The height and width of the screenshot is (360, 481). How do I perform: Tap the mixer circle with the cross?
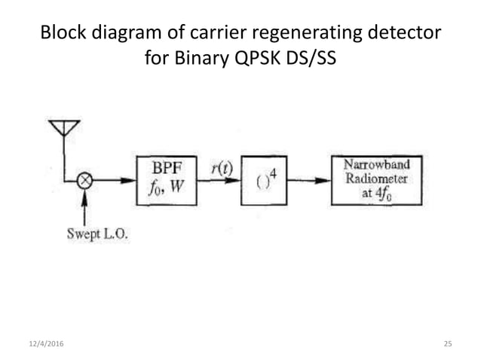point(86,181)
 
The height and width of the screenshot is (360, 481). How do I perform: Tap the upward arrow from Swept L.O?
point(86,205)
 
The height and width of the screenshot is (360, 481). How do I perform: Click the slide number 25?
point(447,344)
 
